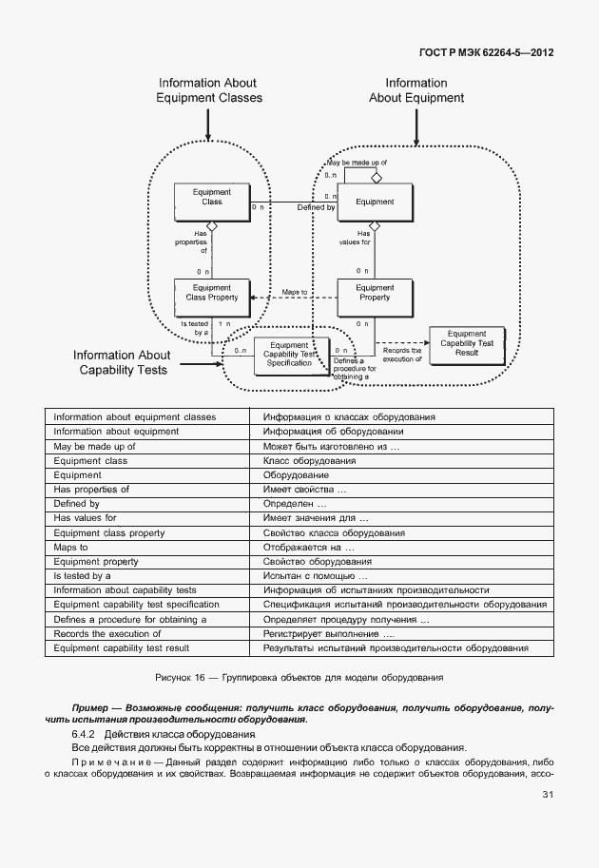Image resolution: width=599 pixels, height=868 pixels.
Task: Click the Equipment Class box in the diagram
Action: [x=211, y=202]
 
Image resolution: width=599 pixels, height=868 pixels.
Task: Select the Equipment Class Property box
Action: [x=211, y=298]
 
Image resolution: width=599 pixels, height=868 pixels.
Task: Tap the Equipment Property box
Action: [x=375, y=298]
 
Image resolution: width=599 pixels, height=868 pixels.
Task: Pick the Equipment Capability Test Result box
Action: [x=466, y=344]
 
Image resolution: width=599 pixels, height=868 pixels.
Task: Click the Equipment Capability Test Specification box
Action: [x=290, y=356]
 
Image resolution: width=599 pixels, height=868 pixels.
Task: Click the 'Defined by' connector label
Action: [x=316, y=207]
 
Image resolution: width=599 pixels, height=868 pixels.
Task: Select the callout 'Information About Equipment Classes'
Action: [x=208, y=90]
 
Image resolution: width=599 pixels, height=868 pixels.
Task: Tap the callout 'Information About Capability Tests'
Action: [x=122, y=362]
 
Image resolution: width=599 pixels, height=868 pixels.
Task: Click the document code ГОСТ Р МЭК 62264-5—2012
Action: [x=485, y=52]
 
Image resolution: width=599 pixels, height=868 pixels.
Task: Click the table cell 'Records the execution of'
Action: [x=107, y=633]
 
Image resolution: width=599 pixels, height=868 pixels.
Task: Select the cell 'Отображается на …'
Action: [x=309, y=547]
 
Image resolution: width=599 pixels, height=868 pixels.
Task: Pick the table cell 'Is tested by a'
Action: [x=83, y=575]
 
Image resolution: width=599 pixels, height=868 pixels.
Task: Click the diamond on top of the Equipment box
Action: [x=376, y=178]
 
